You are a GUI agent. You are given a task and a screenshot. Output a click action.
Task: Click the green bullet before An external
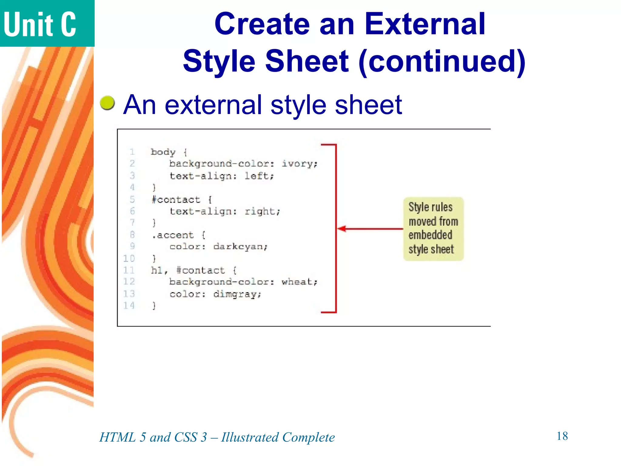tap(107, 103)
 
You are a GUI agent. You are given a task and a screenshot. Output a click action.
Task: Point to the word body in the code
tap(163, 152)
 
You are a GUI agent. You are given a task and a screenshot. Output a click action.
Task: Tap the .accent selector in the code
tap(173, 235)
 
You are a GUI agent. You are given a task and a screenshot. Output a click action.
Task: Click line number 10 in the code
tap(129, 258)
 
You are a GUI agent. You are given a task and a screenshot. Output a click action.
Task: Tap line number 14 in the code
tap(129, 306)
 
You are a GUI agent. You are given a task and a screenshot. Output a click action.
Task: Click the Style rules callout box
tap(433, 229)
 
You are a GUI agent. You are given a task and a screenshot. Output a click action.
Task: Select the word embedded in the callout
tap(430, 235)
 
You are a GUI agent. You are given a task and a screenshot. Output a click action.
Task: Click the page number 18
tap(562, 436)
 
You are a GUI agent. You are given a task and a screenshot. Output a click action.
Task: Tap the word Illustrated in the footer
tap(250, 437)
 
